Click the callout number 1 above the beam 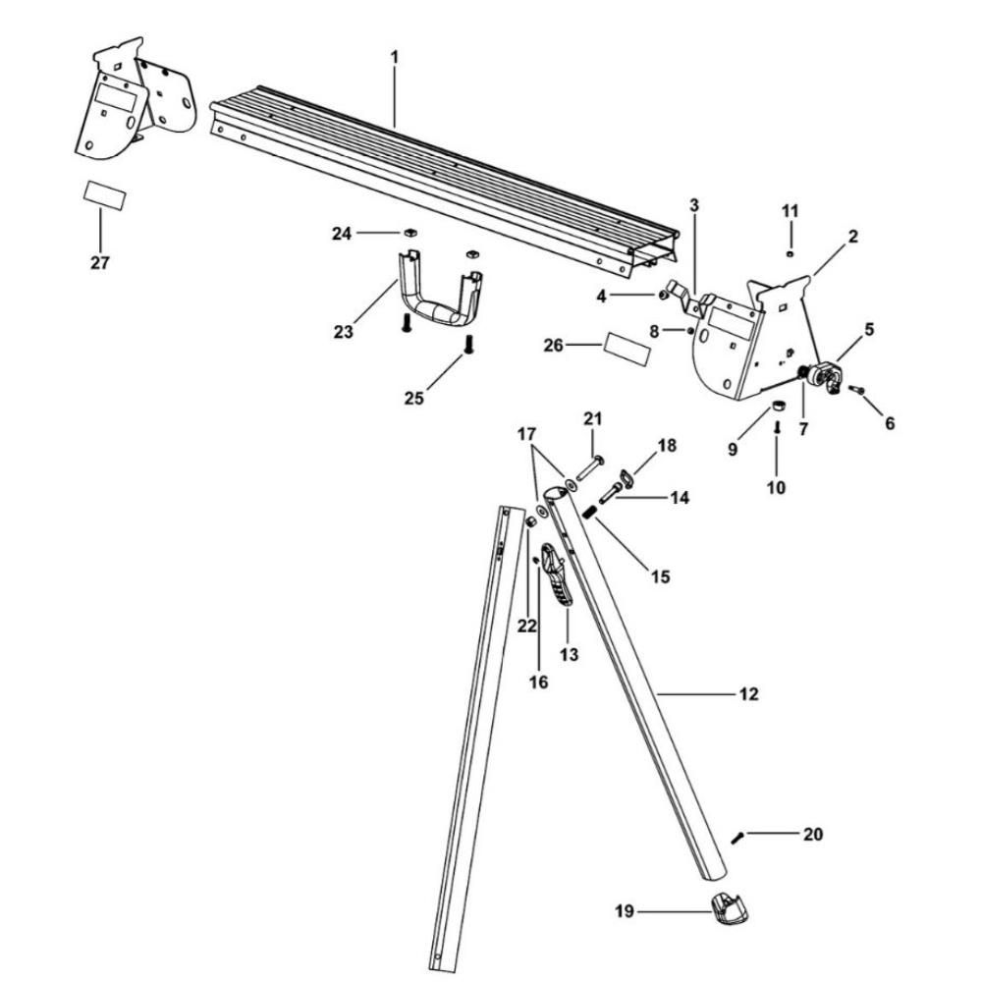tap(395, 57)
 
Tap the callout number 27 tap(100, 263)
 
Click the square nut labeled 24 tap(410, 233)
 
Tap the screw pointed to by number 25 tap(469, 346)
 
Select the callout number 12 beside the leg tap(748, 694)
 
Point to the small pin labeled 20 tap(738, 836)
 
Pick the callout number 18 tap(667, 445)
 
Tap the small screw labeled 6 tap(855, 391)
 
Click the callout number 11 tap(791, 211)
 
